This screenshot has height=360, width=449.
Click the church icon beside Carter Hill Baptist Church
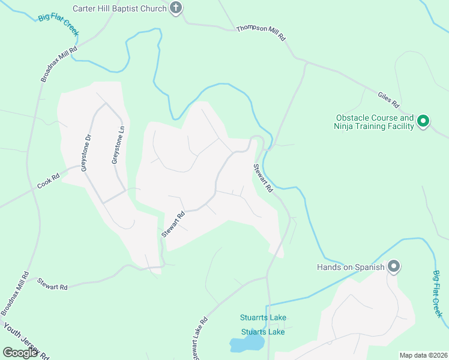[x=175, y=8]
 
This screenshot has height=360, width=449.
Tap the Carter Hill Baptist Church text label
[x=119, y=8]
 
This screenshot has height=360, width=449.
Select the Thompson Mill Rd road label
[x=261, y=32]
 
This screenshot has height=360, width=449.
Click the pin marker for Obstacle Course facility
[x=423, y=122]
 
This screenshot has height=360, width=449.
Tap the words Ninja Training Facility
[x=374, y=126]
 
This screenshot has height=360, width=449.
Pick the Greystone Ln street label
[x=118, y=145]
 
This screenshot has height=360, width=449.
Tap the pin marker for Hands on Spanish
[x=393, y=266]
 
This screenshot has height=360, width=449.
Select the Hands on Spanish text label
[x=351, y=267]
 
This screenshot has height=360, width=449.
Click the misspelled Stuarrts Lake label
[x=263, y=317]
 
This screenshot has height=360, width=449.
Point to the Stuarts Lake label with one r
[x=263, y=332]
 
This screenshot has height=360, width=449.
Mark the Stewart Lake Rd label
[x=199, y=339]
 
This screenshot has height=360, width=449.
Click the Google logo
[x=20, y=352]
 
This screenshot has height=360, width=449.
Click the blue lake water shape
[x=246, y=344]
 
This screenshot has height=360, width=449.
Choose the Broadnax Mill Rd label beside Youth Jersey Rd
[x=16, y=293]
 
